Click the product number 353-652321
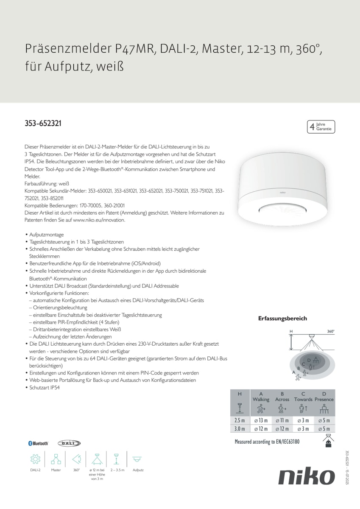click(43, 124)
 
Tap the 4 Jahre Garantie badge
click(321, 127)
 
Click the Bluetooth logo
click(38, 443)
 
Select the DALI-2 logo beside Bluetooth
click(69, 443)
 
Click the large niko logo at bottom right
click(306, 477)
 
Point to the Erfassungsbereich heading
click(282, 319)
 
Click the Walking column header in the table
click(261, 400)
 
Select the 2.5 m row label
click(240, 420)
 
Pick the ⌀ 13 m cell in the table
click(261, 420)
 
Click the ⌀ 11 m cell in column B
click(282, 420)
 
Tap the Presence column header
click(324, 400)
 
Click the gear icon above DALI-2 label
click(35, 459)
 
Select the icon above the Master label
click(56, 459)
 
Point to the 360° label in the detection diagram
click(331, 331)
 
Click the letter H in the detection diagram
click(291, 331)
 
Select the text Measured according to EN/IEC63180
click(267, 442)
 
